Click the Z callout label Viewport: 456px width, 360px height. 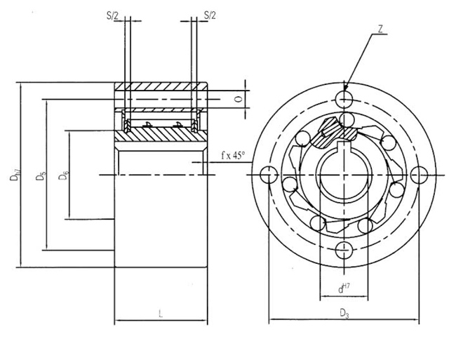[x=379, y=29]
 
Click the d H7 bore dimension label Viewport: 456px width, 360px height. [x=343, y=288]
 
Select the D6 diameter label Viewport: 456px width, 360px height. [x=64, y=175]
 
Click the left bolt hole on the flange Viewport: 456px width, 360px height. [x=266, y=175]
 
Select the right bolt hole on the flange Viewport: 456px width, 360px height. [x=420, y=175]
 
